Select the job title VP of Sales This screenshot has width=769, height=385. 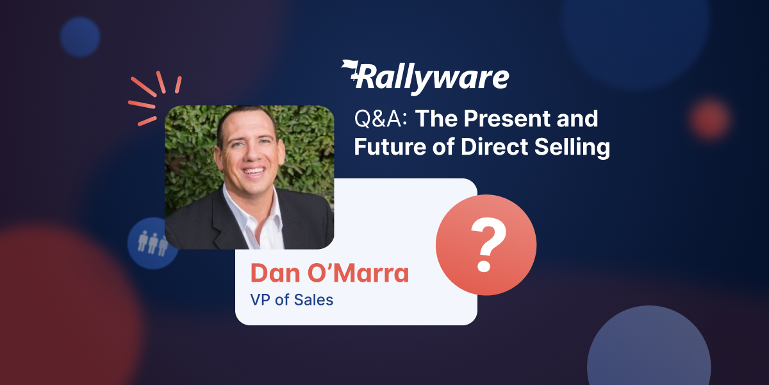(292, 299)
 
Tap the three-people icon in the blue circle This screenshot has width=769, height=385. (153, 242)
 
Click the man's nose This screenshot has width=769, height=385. (251, 154)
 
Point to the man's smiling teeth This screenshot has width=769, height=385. (254, 173)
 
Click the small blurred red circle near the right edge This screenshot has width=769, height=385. (711, 118)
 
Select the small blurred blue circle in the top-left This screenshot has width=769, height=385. (80, 37)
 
